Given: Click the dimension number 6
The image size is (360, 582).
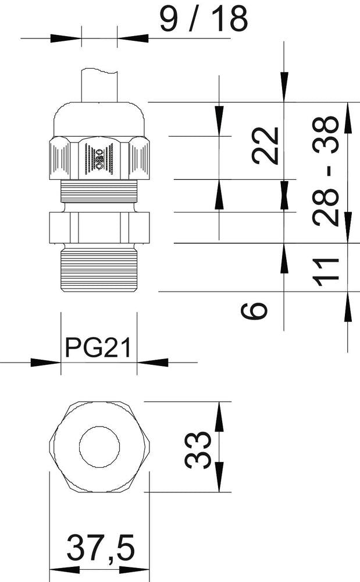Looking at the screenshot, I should pos(255,310).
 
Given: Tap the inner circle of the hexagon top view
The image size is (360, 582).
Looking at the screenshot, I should pos(100,448).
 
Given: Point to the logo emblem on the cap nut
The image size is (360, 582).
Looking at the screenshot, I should pos(98,156).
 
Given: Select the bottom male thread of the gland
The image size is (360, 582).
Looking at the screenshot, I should pos(99,268).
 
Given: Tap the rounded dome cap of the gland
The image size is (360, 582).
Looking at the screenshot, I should pos(99,118).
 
